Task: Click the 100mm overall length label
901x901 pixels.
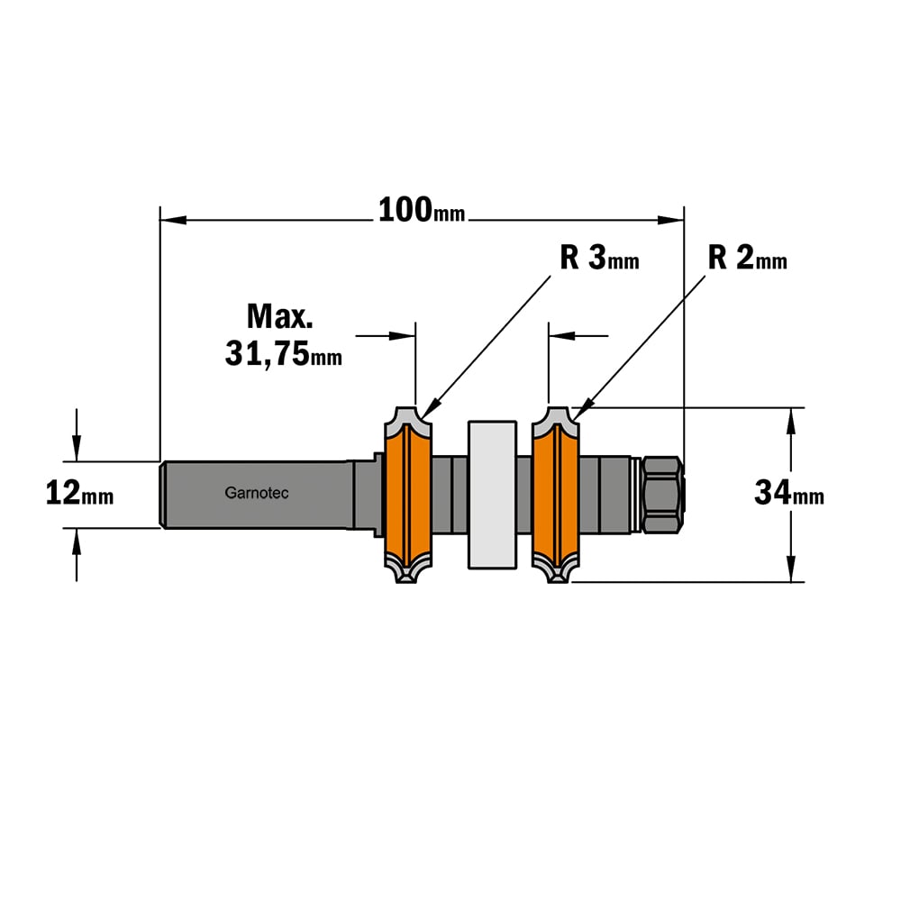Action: pyautogui.click(x=421, y=210)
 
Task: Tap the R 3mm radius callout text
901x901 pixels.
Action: pyautogui.click(x=599, y=258)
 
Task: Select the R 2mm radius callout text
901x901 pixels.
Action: pyautogui.click(x=747, y=258)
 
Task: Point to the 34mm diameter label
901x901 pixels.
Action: pyautogui.click(x=789, y=493)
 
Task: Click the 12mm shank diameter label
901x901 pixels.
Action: pyautogui.click(x=79, y=493)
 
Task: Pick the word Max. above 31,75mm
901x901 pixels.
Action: pyautogui.click(x=280, y=316)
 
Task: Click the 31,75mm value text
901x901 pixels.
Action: pyautogui.click(x=283, y=353)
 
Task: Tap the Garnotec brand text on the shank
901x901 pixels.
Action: pyautogui.click(x=256, y=493)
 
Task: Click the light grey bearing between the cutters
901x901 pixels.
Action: pyautogui.click(x=493, y=495)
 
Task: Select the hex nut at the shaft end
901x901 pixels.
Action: pyautogui.click(x=662, y=495)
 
